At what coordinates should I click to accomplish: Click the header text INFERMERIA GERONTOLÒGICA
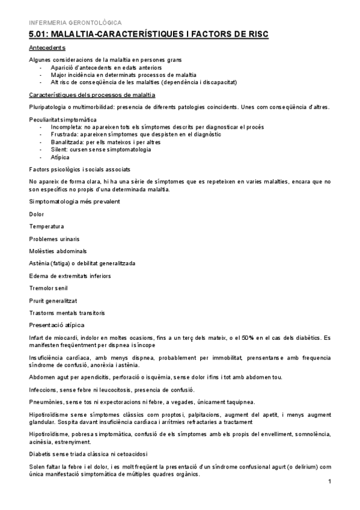[66, 22]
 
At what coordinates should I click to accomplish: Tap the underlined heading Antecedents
[47, 48]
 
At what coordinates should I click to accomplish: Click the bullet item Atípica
[60, 156]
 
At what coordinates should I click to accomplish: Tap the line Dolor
[36, 214]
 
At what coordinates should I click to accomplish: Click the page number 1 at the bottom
[330, 482]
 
